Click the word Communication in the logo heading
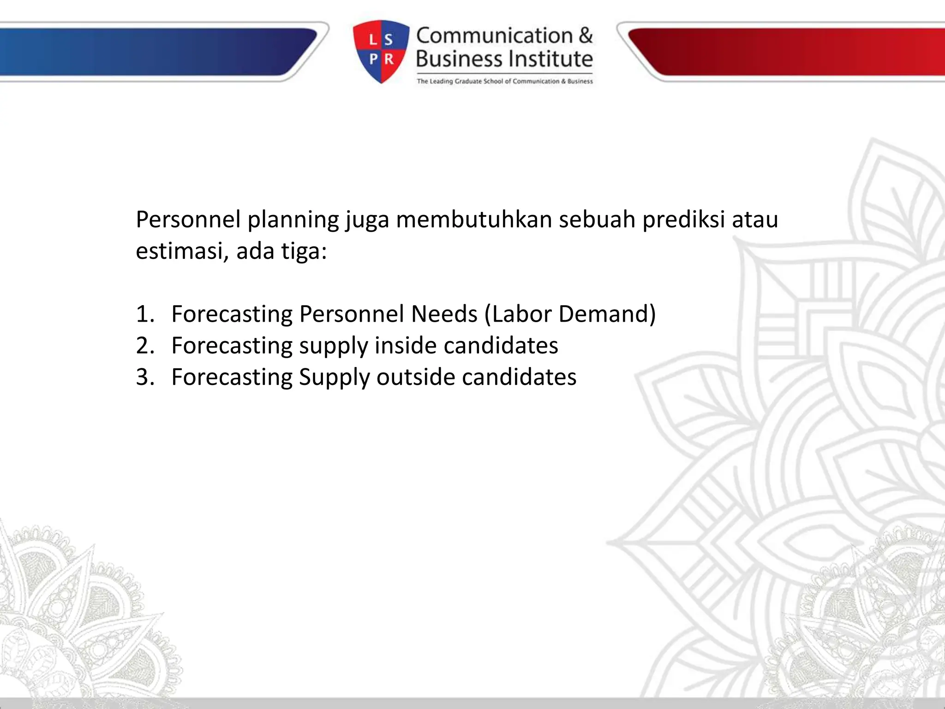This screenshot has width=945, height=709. [494, 36]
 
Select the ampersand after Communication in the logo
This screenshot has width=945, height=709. [585, 36]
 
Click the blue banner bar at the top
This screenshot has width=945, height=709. [152, 52]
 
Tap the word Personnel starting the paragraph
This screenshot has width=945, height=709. [188, 220]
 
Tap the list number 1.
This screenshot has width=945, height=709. [144, 314]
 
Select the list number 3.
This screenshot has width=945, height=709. [144, 377]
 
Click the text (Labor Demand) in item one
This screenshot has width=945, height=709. [570, 314]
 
